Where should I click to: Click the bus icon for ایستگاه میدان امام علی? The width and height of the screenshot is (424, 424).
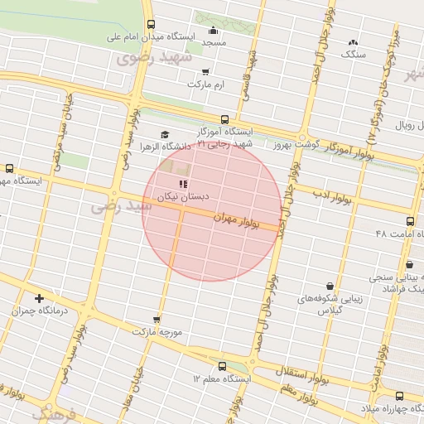150,24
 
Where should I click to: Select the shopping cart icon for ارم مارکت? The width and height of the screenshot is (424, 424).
205,72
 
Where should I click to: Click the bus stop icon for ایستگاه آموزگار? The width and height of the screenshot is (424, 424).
224,119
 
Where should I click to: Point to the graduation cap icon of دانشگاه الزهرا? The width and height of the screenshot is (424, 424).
164,134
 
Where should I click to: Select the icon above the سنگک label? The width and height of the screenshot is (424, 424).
354,41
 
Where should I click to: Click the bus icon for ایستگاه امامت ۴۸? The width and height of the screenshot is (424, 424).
410,222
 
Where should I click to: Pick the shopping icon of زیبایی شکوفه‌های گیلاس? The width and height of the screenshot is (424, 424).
330,286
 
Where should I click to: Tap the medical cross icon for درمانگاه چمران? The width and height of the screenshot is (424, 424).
39,298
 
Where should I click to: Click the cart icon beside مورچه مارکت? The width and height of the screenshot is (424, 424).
157,319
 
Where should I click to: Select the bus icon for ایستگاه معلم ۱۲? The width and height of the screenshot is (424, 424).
221,366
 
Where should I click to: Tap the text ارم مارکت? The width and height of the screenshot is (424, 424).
206,84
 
